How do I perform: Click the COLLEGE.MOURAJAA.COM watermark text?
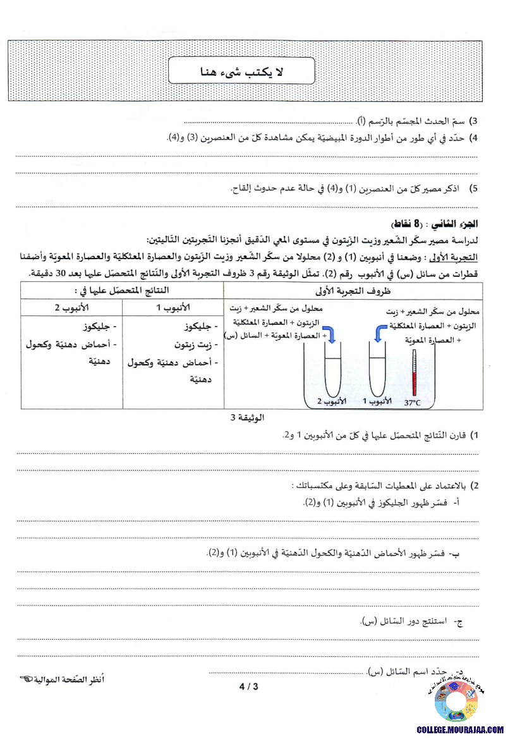pyautogui.click(x=460, y=729)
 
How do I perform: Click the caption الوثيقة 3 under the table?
pyautogui.click(x=247, y=418)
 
